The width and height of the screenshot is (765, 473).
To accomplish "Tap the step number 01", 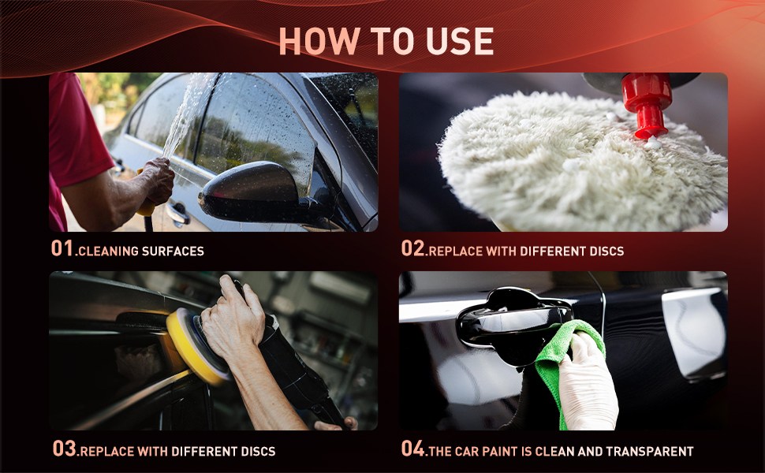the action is click(62, 248).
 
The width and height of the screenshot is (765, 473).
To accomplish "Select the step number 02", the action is click(412, 248).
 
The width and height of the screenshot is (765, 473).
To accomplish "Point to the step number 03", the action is click(65, 448).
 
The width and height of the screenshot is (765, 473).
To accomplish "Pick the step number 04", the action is click(412, 448).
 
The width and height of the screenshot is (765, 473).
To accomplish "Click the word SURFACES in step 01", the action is click(173, 251).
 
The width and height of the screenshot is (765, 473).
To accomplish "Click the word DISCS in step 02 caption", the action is click(606, 251).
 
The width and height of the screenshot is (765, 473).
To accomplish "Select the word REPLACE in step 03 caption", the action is click(106, 452).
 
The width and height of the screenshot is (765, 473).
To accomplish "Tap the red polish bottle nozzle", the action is click(647, 104).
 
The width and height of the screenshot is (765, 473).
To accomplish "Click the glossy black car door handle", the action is click(515, 324).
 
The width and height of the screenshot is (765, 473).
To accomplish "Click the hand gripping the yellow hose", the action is click(157, 180).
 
